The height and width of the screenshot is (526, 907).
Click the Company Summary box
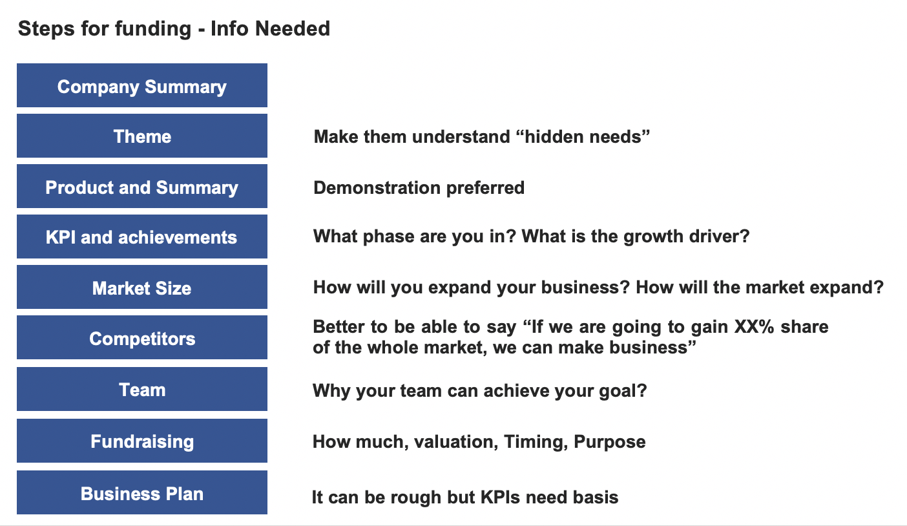pyautogui.click(x=142, y=85)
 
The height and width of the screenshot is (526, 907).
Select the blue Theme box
pyautogui.click(x=142, y=136)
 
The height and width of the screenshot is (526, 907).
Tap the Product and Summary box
pyautogui.click(x=142, y=186)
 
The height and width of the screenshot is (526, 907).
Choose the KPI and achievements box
pyautogui.click(x=142, y=237)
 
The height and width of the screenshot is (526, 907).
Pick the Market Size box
pyautogui.click(x=142, y=287)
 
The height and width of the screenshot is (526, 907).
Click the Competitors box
pyautogui.click(x=142, y=337)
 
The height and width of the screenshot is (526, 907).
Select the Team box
pyautogui.click(x=142, y=389)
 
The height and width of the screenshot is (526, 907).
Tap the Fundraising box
pyautogui.click(x=142, y=441)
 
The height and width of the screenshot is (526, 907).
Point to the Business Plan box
pyautogui.click(x=142, y=492)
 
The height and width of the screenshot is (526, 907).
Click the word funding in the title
pyautogui.click(x=152, y=29)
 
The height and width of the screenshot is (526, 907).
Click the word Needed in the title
pyautogui.click(x=293, y=28)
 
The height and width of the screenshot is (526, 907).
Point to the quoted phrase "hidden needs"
pyautogui.click(x=583, y=136)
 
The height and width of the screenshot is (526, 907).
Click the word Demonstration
pyautogui.click(x=377, y=187)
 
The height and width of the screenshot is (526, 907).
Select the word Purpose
pyautogui.click(x=609, y=442)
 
